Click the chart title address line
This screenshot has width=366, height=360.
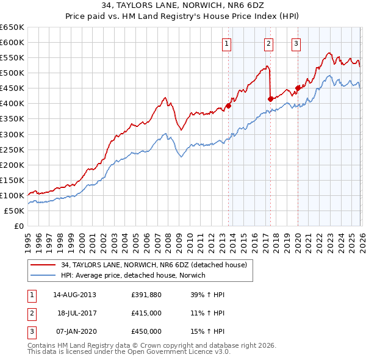click(183, 6)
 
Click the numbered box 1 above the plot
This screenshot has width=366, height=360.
click(226, 43)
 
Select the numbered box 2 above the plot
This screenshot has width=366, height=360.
click(268, 43)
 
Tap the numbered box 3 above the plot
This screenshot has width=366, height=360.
click(296, 43)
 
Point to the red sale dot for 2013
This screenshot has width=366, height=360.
click(229, 106)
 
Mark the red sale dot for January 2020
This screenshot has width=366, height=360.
click(298, 88)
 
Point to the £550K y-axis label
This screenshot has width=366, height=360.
click(12, 58)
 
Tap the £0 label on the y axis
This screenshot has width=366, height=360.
click(20, 226)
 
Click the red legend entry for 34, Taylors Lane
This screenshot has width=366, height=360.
click(153, 265)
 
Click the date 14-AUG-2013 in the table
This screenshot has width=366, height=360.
click(74, 294)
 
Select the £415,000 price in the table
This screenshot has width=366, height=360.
click(146, 312)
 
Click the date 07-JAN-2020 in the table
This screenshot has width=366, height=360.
click(74, 331)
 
